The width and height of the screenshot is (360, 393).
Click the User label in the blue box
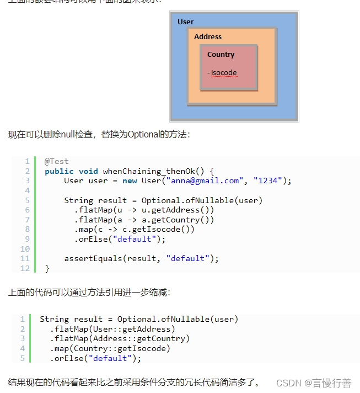tap(186, 22)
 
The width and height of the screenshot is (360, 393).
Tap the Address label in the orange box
tap(208, 37)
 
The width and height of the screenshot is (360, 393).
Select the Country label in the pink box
tap(221, 55)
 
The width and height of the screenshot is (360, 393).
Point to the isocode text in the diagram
tap(223, 73)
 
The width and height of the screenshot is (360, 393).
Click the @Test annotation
tap(57, 161)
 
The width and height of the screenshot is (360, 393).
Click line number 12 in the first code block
tap(25, 268)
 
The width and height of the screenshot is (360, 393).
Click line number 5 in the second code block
tap(23, 358)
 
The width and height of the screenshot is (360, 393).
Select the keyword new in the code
tap(130, 180)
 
